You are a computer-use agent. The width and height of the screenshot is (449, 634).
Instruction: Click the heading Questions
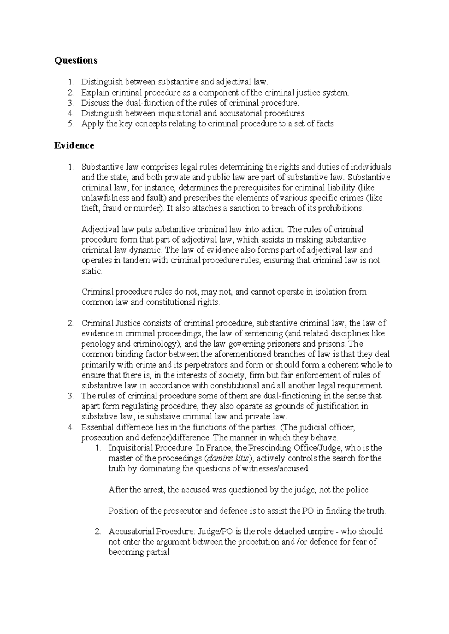[76, 60]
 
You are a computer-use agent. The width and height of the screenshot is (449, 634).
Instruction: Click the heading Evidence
[74, 145]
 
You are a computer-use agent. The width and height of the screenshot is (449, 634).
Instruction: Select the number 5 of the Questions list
[71, 124]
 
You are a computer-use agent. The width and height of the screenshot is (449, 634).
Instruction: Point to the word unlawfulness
[101, 198]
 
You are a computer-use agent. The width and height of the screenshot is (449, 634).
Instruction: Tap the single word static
[91, 271]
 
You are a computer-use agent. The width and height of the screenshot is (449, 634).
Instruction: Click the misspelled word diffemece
[129, 427]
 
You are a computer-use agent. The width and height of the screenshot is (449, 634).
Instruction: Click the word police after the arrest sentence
[358, 490]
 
